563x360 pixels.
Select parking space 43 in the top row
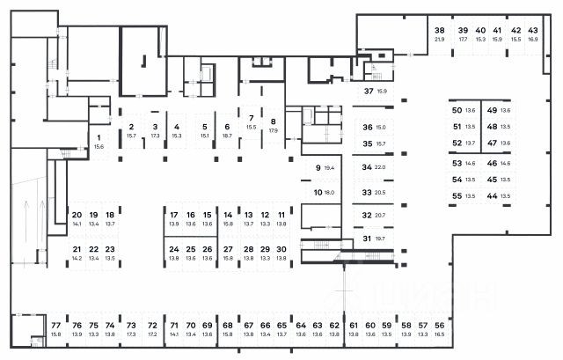tap(533, 30)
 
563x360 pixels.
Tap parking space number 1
tap(99, 138)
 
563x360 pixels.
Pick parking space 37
tap(369, 91)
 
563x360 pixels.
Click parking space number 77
tap(56, 325)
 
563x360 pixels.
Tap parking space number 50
tap(457, 110)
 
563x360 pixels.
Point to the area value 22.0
tap(380, 167)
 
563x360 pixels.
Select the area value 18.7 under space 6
tap(227, 136)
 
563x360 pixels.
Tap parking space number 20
tap(77, 215)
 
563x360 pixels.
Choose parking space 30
tap(281, 249)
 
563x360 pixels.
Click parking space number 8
tap(273, 121)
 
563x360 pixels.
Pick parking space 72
tap(152, 325)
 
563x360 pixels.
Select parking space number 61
tap(353, 325)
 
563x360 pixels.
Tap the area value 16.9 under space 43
tap(533, 40)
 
